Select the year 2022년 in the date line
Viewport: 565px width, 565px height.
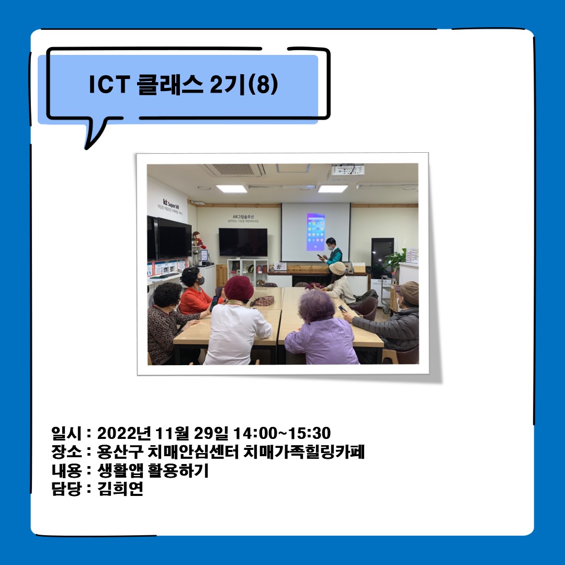coord(124,434)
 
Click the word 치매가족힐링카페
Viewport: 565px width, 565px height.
coord(304,452)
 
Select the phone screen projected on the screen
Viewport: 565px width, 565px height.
coord(315,231)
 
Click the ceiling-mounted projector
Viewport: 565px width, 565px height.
coord(346,171)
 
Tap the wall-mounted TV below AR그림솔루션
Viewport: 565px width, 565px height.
coord(243,242)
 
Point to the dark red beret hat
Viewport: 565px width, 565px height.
coord(239,288)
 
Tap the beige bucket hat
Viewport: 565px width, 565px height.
coord(337,268)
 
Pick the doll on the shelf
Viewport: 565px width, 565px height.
coord(197,240)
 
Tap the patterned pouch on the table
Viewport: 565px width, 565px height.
coord(263,301)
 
